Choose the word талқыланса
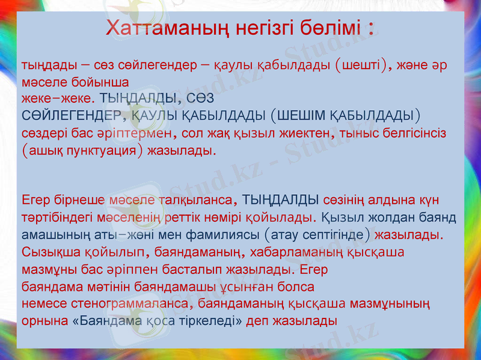pos(195,198)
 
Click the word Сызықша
pos(47,251)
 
